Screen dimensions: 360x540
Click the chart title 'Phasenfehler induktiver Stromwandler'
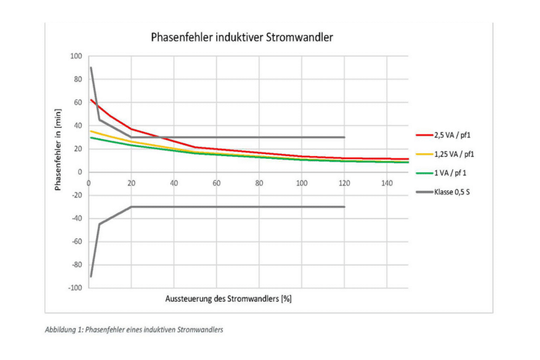pos(242,37)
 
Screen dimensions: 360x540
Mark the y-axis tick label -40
pos(76,218)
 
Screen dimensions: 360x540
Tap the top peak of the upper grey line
pos(91,67)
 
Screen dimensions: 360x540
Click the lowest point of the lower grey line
pos(91,276)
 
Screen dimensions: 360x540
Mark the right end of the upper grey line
pos(345,137)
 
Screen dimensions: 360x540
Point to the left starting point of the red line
pos(91,100)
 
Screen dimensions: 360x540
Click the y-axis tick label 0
pos(79,172)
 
